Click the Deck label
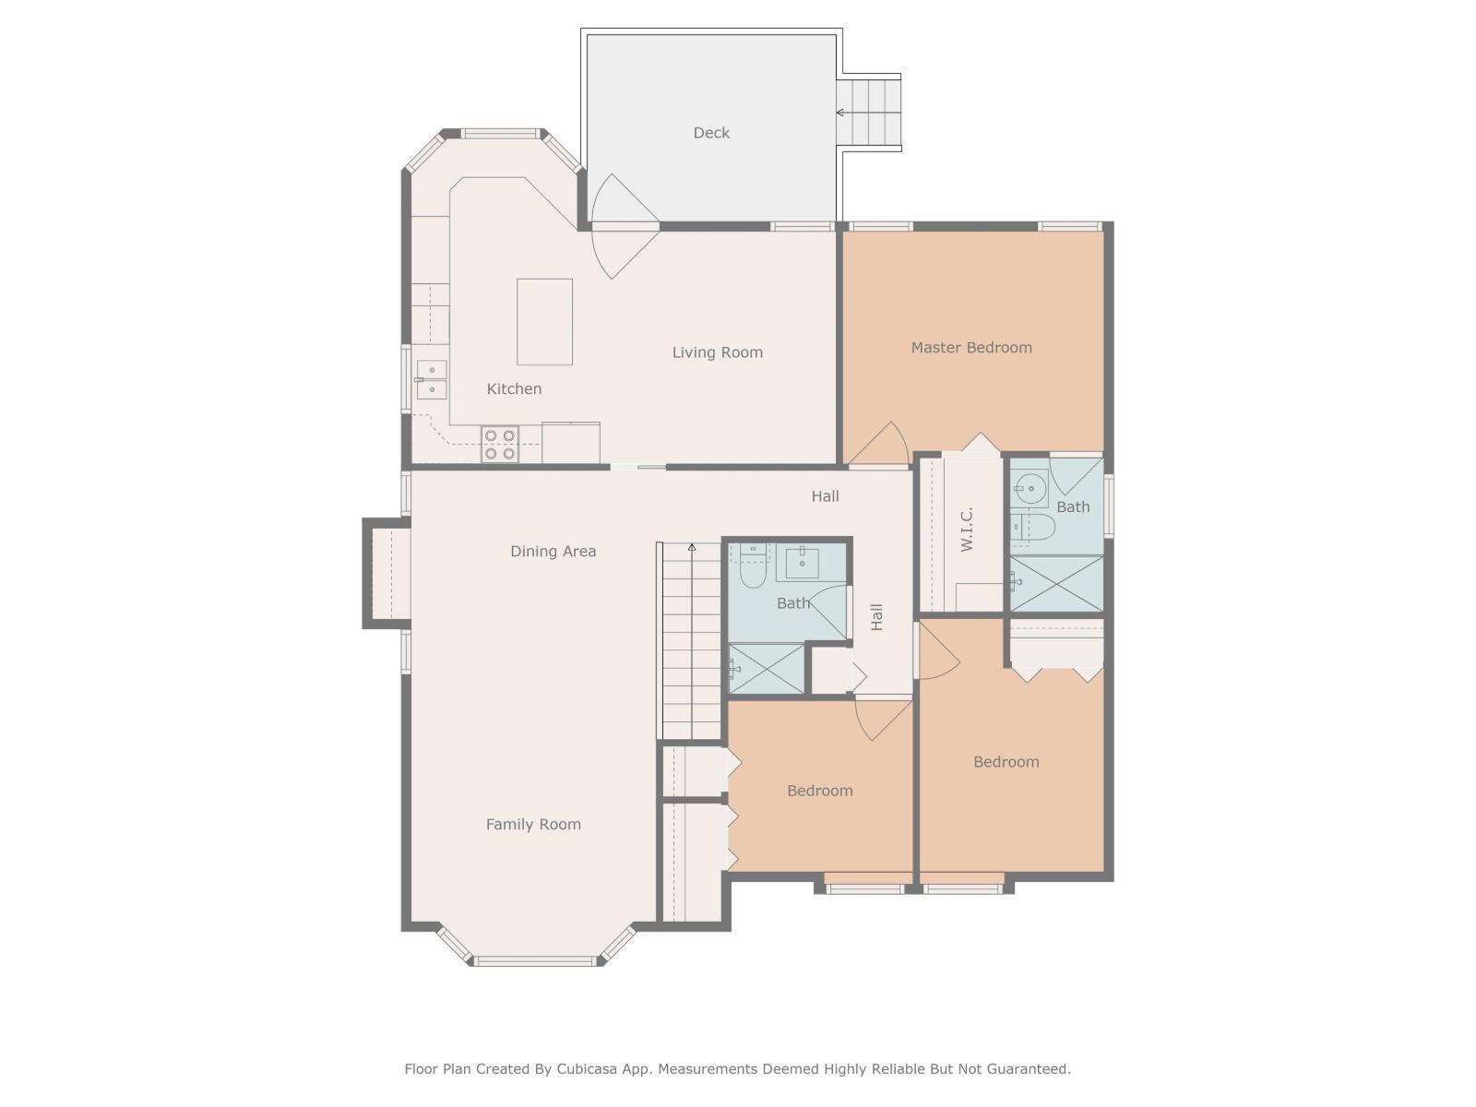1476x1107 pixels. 711,133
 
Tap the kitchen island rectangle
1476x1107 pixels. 544,322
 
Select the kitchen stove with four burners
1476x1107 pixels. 500,445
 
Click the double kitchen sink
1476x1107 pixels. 431,380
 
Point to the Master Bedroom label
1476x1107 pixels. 971,348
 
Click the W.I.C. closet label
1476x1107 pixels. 967,530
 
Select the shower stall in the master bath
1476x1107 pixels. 1056,583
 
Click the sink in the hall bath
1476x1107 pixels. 803,562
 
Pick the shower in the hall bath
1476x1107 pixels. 767,669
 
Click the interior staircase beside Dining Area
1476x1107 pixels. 690,641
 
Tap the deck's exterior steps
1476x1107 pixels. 869,113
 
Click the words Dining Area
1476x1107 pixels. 553,552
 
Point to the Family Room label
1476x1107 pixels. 533,825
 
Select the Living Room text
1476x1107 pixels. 717,352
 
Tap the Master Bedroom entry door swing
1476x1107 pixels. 882,448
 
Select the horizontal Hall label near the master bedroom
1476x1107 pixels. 825,496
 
